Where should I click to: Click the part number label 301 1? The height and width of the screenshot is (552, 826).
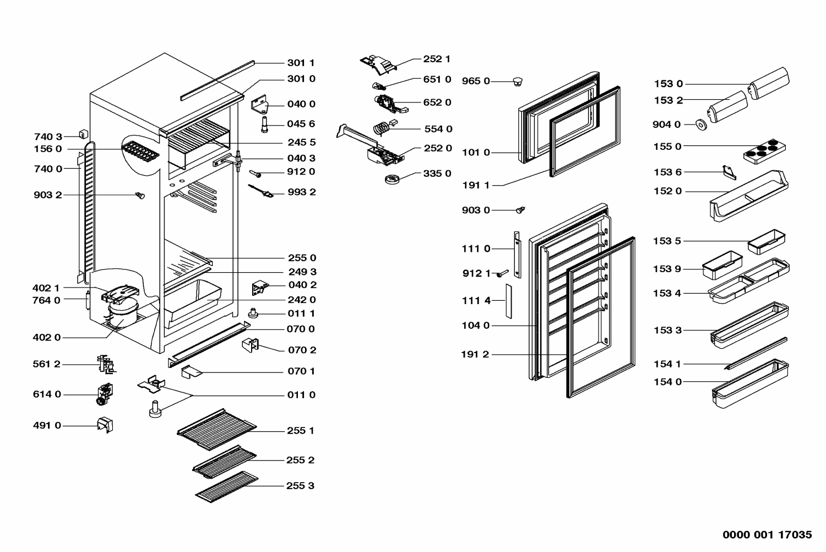click(x=301, y=63)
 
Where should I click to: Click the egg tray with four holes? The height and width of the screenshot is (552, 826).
click(x=764, y=150)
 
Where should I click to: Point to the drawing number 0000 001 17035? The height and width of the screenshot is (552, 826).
click(x=767, y=534)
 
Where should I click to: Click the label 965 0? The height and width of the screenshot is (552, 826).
click(x=476, y=81)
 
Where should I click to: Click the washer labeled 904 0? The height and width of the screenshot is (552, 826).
click(x=701, y=125)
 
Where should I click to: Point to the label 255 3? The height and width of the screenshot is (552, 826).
click(x=300, y=486)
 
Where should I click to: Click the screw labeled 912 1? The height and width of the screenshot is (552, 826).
click(x=502, y=274)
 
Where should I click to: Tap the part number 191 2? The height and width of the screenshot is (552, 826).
click(x=475, y=354)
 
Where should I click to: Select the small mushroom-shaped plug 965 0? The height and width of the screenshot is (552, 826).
click(x=517, y=82)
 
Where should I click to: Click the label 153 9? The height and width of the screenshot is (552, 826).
click(x=667, y=269)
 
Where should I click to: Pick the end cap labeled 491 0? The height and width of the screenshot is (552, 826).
click(x=104, y=425)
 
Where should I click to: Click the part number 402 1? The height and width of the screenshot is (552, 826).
click(x=46, y=288)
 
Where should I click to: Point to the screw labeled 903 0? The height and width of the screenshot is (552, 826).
click(x=520, y=210)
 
